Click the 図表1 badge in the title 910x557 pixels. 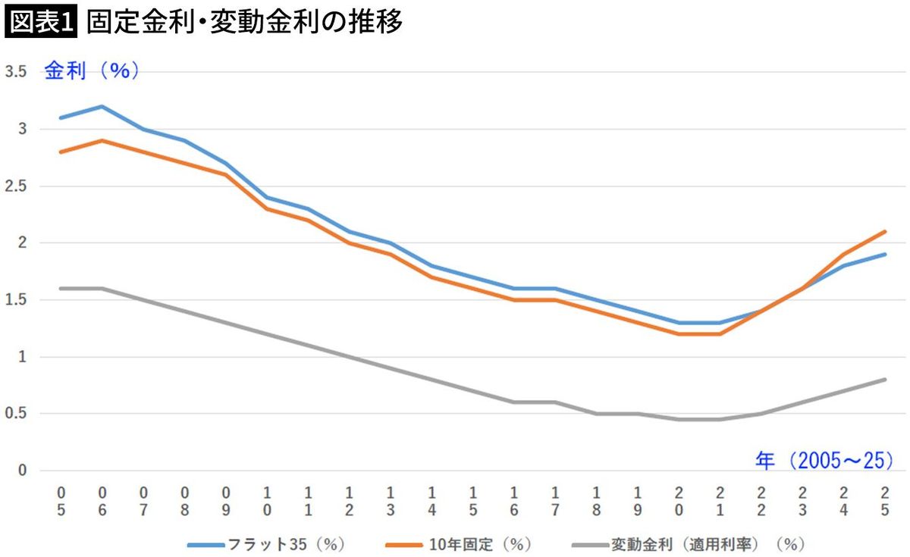click(x=41, y=23)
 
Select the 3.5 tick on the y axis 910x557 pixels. click(x=17, y=72)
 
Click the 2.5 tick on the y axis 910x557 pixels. click(x=17, y=186)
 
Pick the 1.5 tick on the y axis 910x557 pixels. click(x=17, y=300)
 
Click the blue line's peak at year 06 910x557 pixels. click(x=102, y=106)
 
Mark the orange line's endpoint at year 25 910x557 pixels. click(x=884, y=231)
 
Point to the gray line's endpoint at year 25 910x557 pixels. click(x=884, y=379)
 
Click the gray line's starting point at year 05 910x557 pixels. click(x=61, y=288)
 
